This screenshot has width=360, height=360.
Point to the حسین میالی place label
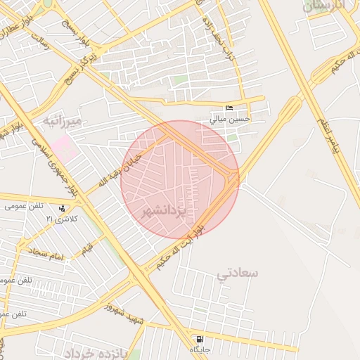[x=231, y=119]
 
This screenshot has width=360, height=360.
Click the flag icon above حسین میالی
[x=229, y=108]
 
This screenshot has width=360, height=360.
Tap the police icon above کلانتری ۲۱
[x=63, y=208]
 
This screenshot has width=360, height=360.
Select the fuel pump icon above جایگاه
[x=200, y=338]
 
